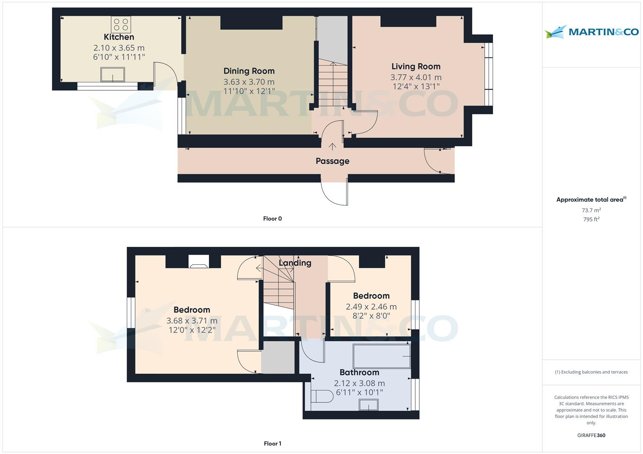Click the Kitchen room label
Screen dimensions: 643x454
click(x=119, y=37)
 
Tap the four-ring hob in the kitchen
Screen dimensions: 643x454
click(x=121, y=24)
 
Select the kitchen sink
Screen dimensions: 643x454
click(x=112, y=74)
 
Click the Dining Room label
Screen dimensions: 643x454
click(x=249, y=71)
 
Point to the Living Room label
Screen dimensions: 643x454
click(x=416, y=66)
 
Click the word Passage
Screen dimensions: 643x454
click(x=332, y=161)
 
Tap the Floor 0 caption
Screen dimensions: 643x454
click(x=272, y=219)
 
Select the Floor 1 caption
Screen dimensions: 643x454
click(x=272, y=443)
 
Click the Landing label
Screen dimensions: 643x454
click(x=295, y=263)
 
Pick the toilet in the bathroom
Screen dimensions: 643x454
click(x=322, y=396)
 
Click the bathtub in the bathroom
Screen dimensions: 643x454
click(x=382, y=356)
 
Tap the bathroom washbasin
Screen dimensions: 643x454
click(x=368, y=405)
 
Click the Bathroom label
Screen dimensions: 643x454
click(x=359, y=372)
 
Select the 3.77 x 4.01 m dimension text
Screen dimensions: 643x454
click(x=416, y=77)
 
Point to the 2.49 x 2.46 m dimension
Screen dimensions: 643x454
click(x=371, y=307)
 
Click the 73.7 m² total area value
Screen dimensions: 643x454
click(x=591, y=210)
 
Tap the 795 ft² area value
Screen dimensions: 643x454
click(x=591, y=219)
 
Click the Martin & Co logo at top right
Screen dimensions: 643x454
click(x=591, y=32)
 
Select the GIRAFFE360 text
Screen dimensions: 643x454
click(x=591, y=436)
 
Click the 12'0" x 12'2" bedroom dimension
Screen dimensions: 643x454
click(x=192, y=330)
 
